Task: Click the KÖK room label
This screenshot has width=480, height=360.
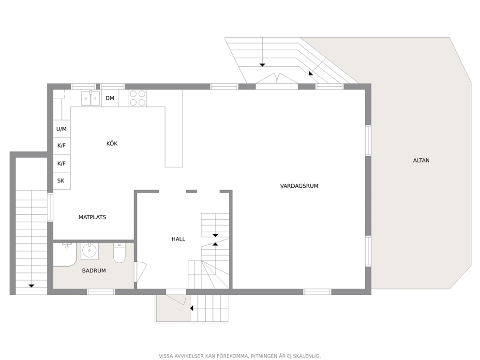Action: (112, 143)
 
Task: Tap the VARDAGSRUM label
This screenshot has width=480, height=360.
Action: (299, 186)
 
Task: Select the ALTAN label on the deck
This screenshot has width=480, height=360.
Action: (421, 160)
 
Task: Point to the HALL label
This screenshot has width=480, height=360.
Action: (178, 239)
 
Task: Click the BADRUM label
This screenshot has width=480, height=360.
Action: (94, 270)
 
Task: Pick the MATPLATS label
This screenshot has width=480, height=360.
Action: (92, 217)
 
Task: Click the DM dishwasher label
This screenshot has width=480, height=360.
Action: (110, 98)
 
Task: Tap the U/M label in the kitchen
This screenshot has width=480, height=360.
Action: (61, 129)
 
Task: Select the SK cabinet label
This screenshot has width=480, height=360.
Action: (61, 180)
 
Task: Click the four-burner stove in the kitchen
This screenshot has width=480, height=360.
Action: (137, 98)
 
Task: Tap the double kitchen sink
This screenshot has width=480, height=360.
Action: (90, 98)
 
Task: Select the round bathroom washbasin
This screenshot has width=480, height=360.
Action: (90, 251)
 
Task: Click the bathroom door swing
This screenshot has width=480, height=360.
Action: (140, 271)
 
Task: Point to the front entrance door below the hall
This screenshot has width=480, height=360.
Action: (177, 298)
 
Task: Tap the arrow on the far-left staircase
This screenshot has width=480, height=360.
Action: (31, 285)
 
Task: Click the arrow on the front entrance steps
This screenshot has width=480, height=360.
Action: (192, 308)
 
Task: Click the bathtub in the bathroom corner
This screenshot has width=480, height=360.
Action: (65, 255)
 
